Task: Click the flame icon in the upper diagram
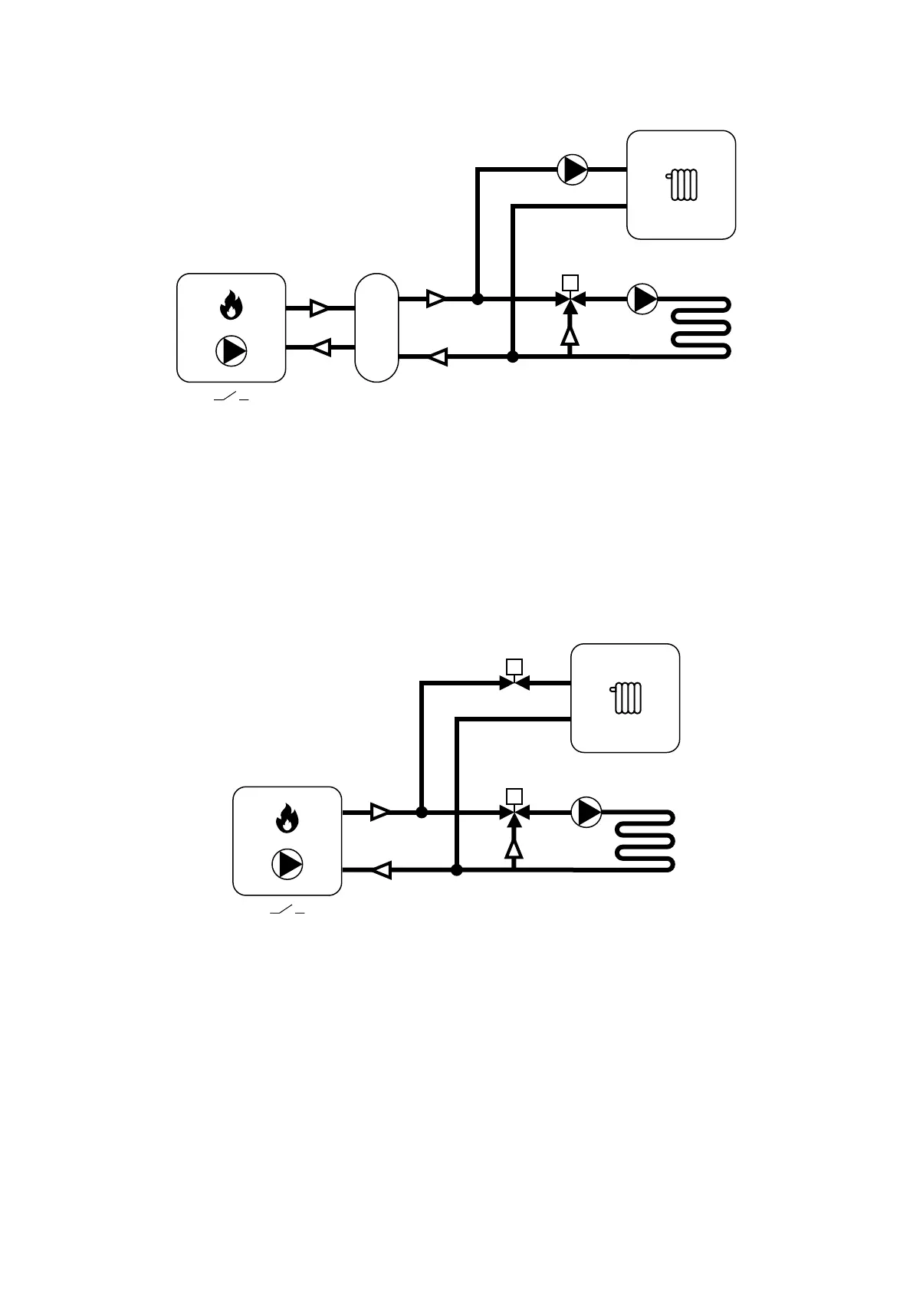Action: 231,305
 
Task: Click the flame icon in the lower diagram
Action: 287,818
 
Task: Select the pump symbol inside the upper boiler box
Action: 231,350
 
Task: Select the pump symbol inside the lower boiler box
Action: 287,864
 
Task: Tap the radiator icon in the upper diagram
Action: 682,185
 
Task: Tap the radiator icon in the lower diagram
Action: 627,698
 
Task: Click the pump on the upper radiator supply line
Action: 572,169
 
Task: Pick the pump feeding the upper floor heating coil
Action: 642,299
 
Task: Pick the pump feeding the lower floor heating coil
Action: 587,812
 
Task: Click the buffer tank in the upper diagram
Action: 376,327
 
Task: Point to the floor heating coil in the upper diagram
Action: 700,328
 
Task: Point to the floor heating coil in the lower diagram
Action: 645,841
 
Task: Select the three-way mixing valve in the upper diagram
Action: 569,300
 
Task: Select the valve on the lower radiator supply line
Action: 514,682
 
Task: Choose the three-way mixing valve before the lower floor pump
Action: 514,813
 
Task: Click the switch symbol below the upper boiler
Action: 231,399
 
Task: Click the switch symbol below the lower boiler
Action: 287,912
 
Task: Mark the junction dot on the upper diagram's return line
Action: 513,356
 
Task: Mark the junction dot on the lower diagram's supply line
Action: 422,812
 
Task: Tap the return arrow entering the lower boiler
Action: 381,870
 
